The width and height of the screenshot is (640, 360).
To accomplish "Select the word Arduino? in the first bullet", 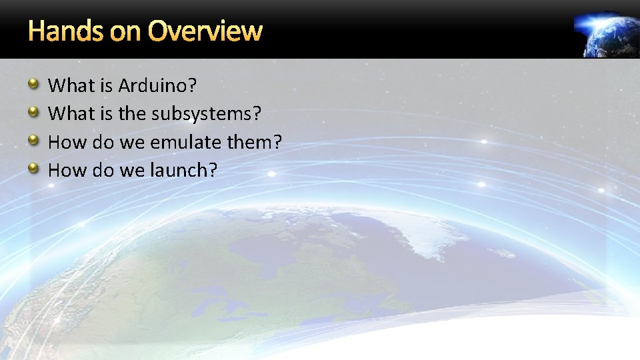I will click(158, 85).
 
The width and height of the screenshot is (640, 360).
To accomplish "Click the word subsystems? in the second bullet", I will click(206, 114).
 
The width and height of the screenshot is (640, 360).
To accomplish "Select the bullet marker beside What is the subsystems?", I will click(33, 111).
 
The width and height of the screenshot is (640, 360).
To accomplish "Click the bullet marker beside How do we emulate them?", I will click(33, 140).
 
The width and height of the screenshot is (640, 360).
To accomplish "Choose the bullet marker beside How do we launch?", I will click(33, 168).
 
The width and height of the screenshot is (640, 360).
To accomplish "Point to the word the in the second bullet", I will click(133, 114).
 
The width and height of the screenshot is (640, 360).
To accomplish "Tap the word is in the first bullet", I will click(107, 85).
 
